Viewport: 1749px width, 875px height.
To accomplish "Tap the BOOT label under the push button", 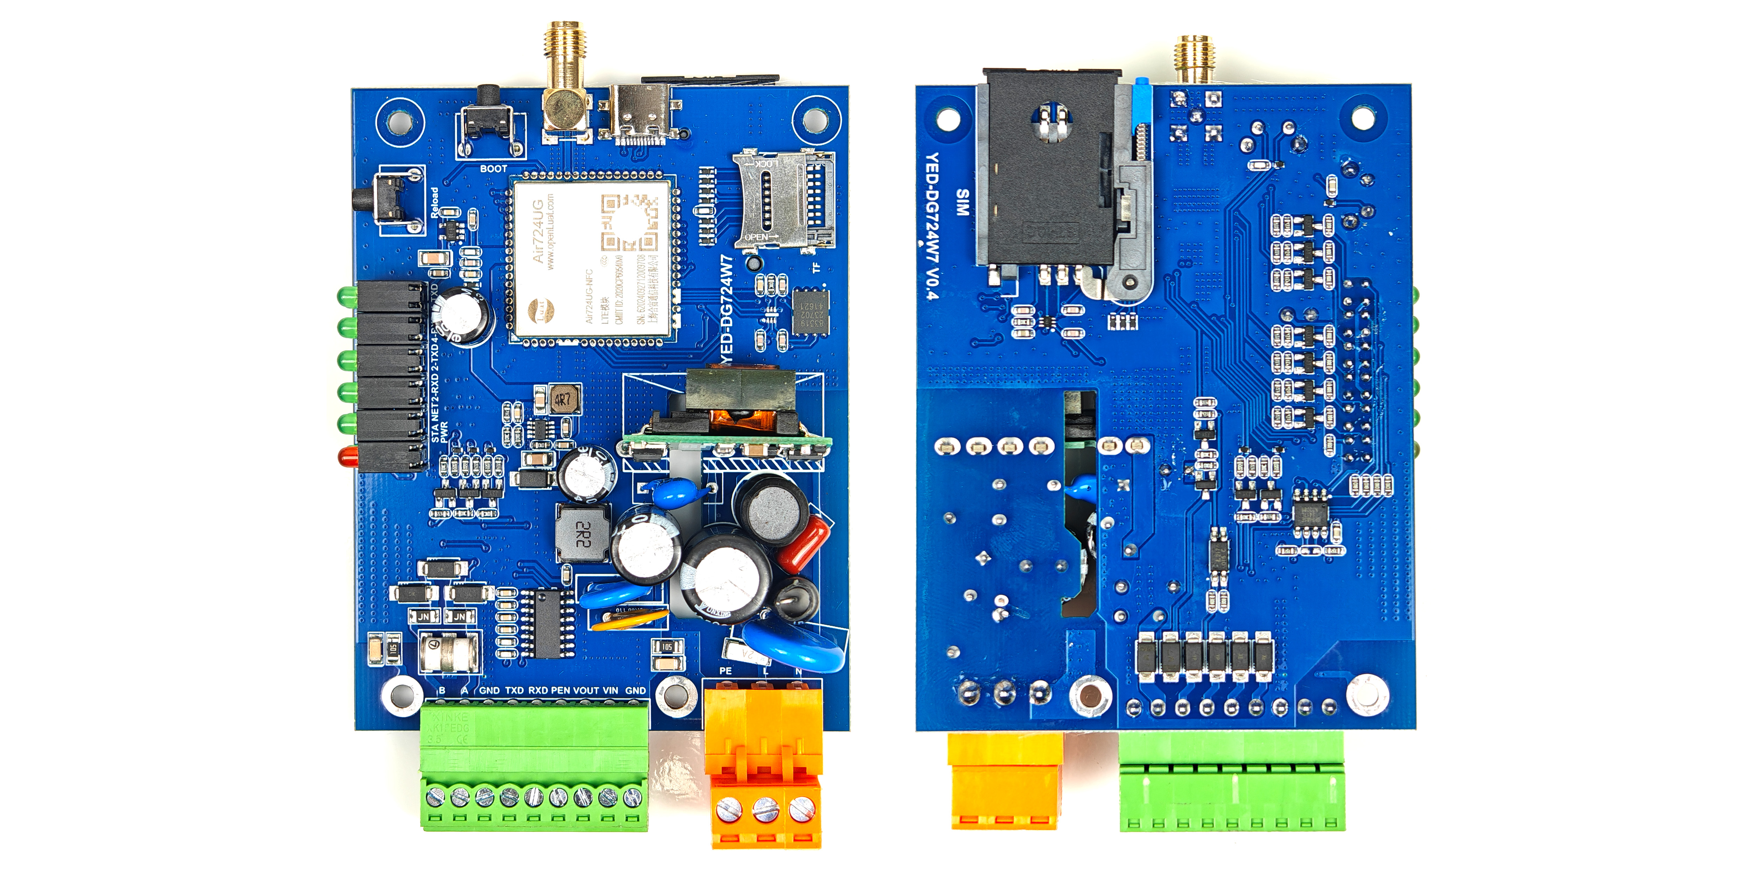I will [x=494, y=168].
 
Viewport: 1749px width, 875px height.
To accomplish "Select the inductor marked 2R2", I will [x=582, y=533].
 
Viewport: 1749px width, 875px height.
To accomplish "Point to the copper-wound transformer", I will [x=740, y=408].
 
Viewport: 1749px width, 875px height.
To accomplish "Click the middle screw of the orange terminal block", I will [x=765, y=808].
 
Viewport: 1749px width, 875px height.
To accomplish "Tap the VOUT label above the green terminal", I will [x=585, y=690].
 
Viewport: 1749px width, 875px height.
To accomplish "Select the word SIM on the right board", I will [x=962, y=202].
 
